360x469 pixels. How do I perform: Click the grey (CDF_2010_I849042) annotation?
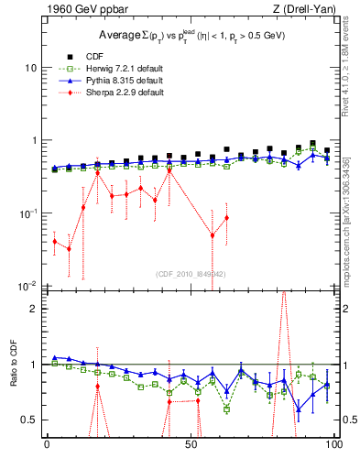[x=191, y=274]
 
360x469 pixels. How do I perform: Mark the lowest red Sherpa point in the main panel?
[x=70, y=248]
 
